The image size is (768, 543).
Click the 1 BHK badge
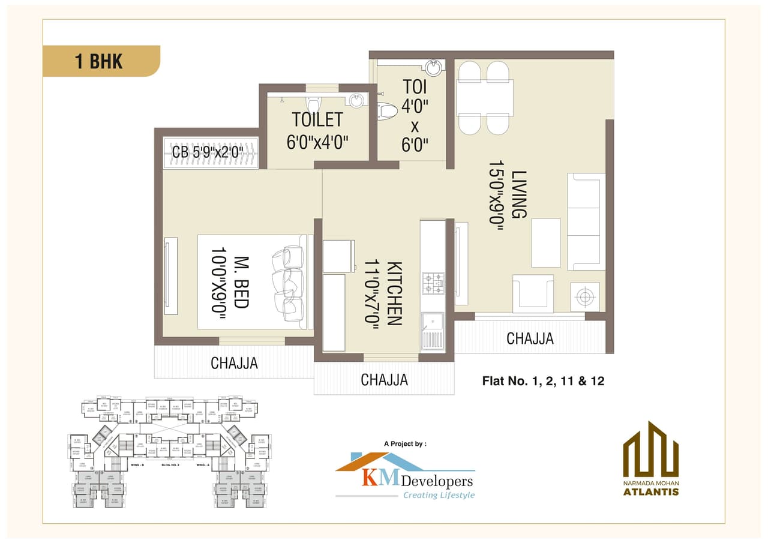point(100,61)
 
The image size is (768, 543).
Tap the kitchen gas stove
point(433,283)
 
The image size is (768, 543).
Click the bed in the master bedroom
point(252,281)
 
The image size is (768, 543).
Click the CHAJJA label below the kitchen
point(384,379)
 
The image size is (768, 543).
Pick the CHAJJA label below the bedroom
point(234,362)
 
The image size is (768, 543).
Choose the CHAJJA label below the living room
point(530,338)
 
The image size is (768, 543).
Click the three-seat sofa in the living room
point(585,221)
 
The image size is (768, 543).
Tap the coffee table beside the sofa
point(545,242)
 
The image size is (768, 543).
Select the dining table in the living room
point(484,98)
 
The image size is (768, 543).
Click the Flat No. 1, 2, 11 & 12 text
point(543,380)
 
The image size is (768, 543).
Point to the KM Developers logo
point(405,477)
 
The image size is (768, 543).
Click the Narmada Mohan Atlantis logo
point(650,460)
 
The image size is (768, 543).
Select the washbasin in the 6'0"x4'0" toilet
point(356,100)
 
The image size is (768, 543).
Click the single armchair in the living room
point(533,293)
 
